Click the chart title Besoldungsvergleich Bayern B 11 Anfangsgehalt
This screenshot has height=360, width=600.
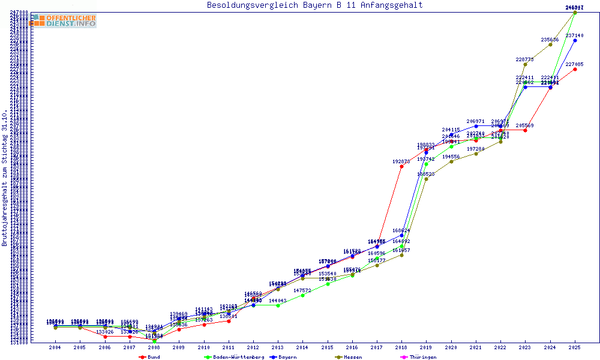tap(314, 5)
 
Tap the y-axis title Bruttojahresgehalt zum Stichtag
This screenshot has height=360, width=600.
tap(5, 178)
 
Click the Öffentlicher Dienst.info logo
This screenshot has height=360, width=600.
tap(63, 20)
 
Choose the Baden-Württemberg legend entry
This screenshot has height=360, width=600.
tap(235, 357)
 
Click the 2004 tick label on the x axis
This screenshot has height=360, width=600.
tap(55, 347)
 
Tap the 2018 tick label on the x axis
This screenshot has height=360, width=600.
tap(401, 347)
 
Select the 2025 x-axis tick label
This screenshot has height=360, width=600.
tap(575, 347)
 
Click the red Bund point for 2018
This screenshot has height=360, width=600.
tap(401, 167)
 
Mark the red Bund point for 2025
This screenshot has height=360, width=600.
tap(575, 69)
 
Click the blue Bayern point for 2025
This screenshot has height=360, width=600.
tap(575, 40)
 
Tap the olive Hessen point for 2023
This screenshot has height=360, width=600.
tap(525, 64)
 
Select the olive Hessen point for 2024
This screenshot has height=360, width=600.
tap(550, 44)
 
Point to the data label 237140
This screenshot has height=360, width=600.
tap(574, 35)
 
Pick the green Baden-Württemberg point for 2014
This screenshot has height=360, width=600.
tap(302, 295)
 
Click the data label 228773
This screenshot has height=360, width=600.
tap(525, 59)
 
